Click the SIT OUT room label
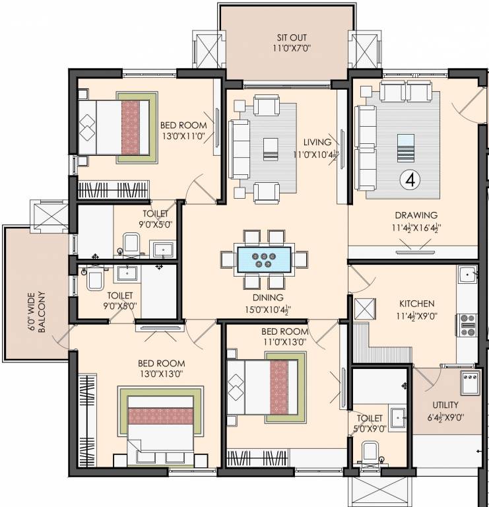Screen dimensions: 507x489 292,38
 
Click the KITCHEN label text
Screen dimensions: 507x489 417,303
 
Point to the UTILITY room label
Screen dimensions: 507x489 445,405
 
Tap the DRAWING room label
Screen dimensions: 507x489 416,215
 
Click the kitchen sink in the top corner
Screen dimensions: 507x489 467,274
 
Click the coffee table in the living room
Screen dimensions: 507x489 269,149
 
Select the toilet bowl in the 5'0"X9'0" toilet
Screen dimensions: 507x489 370,455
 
